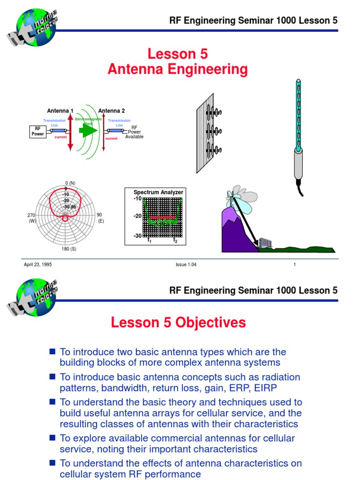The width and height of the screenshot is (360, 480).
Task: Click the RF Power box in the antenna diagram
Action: [x=37, y=131]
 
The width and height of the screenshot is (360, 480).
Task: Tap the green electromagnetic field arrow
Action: [x=86, y=131]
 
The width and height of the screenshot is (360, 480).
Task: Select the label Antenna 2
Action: [x=112, y=111]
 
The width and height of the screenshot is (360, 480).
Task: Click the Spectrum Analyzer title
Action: [x=158, y=192]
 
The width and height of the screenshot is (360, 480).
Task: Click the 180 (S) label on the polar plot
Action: [x=69, y=249]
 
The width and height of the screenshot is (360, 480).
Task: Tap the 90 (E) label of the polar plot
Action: [x=100, y=217]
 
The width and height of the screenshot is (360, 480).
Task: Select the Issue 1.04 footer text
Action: [x=186, y=265]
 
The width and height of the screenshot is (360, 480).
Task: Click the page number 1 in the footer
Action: [x=294, y=265]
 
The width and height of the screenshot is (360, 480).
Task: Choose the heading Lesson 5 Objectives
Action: [x=178, y=322]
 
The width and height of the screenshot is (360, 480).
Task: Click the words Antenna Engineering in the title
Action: [x=178, y=69]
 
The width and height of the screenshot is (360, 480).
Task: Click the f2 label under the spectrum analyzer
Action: [x=175, y=240]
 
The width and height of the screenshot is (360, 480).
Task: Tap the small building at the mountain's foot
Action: [x=265, y=242]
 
